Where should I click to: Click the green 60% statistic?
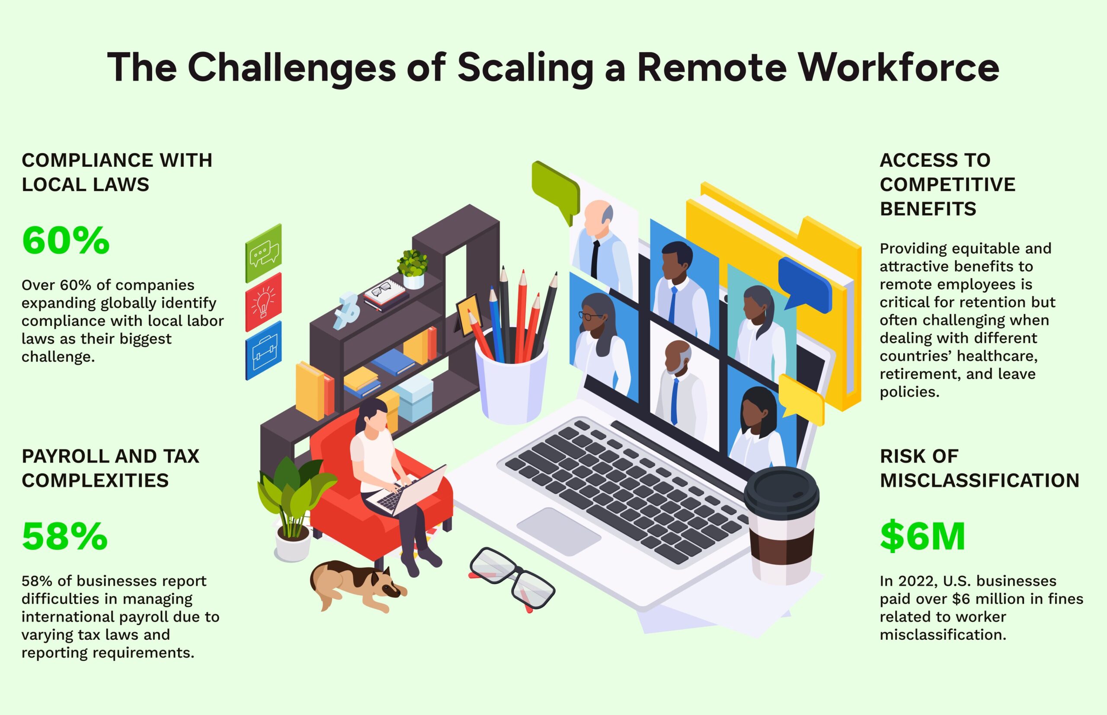coord(66,241)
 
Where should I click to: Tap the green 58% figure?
coord(64,536)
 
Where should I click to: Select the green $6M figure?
coord(922,536)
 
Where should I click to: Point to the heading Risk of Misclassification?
coord(979,468)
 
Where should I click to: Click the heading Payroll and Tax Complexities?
coord(110,468)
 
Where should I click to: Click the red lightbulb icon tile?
coord(263,302)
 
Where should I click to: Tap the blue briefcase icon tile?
coord(263,351)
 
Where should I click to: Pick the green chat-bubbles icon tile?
coord(263,254)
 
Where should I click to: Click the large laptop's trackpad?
coord(559,532)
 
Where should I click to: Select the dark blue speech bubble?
coord(805,284)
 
